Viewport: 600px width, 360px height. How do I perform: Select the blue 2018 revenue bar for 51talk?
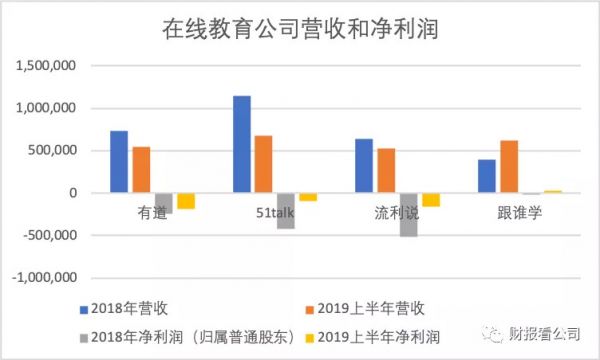point(242,144)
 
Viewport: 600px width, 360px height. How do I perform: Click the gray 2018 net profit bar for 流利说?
point(408,214)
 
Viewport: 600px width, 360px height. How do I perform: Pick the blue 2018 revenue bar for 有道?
point(119,162)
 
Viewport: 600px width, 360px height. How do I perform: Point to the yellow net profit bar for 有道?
point(186,201)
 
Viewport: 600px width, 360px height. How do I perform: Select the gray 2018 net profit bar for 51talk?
point(286,211)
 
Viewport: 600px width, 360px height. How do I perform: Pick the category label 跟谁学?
point(520,212)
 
